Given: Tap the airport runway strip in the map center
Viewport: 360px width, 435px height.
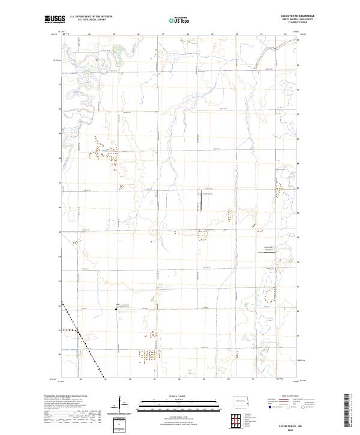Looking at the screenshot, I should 200,202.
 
